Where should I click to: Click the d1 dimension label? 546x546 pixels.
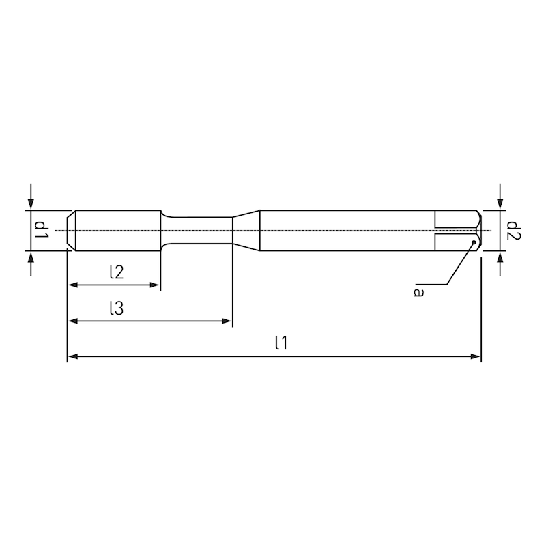(40, 230)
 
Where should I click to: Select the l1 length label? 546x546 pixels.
(280, 343)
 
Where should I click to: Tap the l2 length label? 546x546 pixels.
(116, 272)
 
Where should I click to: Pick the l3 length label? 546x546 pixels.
(116, 308)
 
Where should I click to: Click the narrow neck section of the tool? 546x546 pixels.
(198, 230)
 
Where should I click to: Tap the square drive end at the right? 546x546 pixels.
(457, 230)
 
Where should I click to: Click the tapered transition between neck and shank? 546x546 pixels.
(246, 230)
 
